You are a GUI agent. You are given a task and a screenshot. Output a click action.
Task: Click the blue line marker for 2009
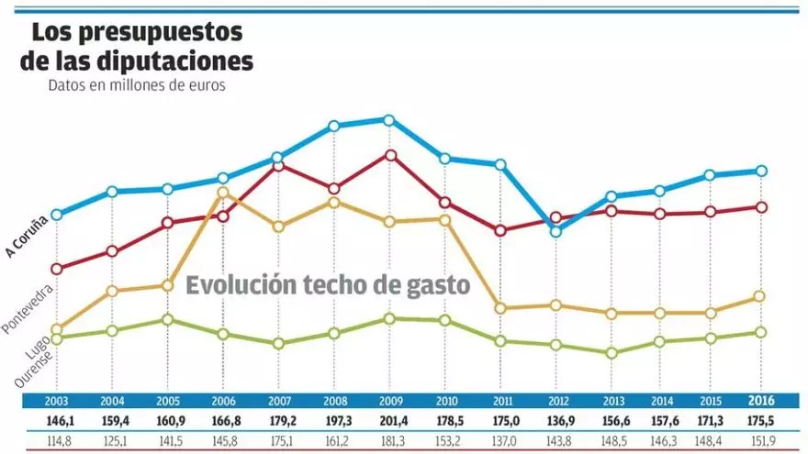pos(389,120)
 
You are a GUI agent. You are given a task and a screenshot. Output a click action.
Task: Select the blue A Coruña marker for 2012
pos(555,231)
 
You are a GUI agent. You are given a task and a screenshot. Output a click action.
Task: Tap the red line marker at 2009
pos(390,155)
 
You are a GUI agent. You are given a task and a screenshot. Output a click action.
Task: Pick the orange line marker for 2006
pos(223,193)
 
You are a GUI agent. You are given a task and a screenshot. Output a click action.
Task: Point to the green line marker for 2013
pos(612,353)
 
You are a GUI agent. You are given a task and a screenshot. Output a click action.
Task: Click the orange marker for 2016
pos(760,296)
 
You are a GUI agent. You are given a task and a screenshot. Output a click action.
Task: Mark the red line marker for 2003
pos(56,269)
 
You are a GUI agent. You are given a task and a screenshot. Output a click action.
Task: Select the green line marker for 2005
pos(167,319)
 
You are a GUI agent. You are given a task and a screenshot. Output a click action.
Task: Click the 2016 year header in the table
pos(760,401)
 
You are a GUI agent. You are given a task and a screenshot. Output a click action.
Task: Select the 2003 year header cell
pos(56,402)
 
